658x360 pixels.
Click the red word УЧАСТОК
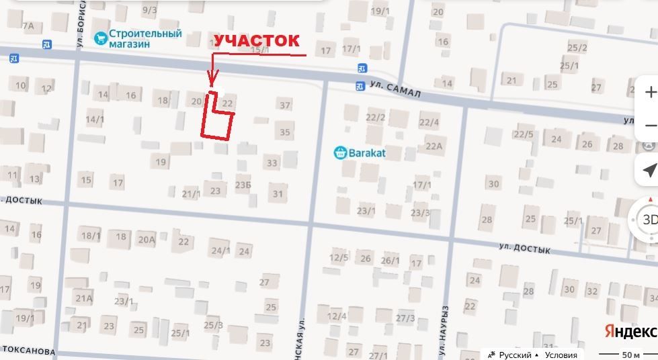tap(255, 40)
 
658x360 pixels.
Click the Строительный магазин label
tap(147, 38)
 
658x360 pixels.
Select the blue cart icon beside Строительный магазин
tap(101, 38)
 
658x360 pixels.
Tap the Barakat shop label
tap(366, 152)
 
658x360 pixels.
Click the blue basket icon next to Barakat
tap(340, 152)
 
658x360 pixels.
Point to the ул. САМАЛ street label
tap(395, 89)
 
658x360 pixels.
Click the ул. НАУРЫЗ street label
tap(444, 329)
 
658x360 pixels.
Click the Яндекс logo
tap(630, 331)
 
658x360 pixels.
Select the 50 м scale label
tap(630, 355)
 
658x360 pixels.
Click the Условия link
tap(561, 355)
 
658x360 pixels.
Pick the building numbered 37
tap(285, 105)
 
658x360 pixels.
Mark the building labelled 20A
tap(147, 239)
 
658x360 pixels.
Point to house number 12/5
tap(339, 257)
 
